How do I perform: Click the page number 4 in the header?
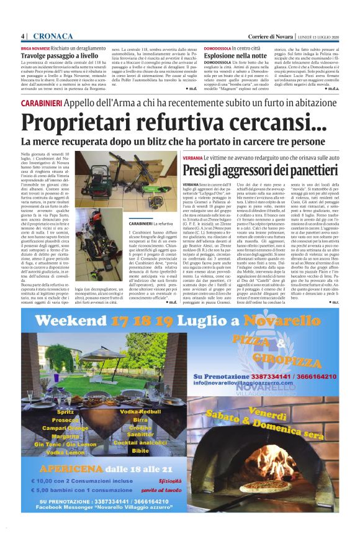(x=22, y=36)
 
